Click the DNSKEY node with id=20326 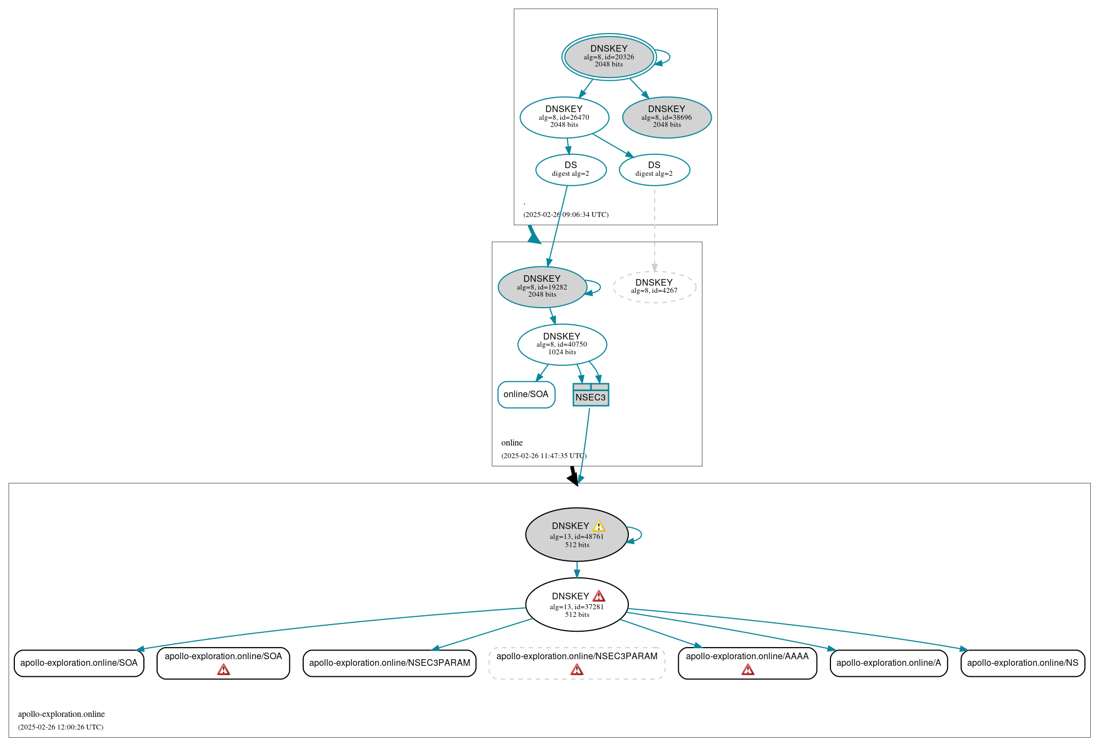click(x=609, y=57)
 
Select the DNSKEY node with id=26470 click(x=564, y=117)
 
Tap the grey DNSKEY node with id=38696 click(x=666, y=117)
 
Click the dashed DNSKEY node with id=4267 click(x=654, y=287)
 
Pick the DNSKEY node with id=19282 click(x=542, y=287)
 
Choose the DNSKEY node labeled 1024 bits click(x=562, y=344)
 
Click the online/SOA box click(x=526, y=394)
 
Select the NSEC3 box click(x=590, y=395)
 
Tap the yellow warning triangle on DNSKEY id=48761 click(x=599, y=526)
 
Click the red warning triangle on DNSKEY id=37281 click(x=599, y=597)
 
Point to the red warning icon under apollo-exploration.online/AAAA click(x=747, y=670)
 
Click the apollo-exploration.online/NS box click(x=1022, y=663)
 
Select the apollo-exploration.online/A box click(x=888, y=663)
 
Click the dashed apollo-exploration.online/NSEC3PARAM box click(x=577, y=663)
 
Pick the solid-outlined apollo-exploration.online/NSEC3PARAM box click(x=389, y=663)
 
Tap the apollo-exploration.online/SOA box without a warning click(x=79, y=663)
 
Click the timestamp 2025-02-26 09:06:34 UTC click(x=566, y=215)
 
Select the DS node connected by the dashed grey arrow click(x=654, y=170)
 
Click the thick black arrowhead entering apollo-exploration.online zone click(x=573, y=480)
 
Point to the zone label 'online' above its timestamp click(x=512, y=443)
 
